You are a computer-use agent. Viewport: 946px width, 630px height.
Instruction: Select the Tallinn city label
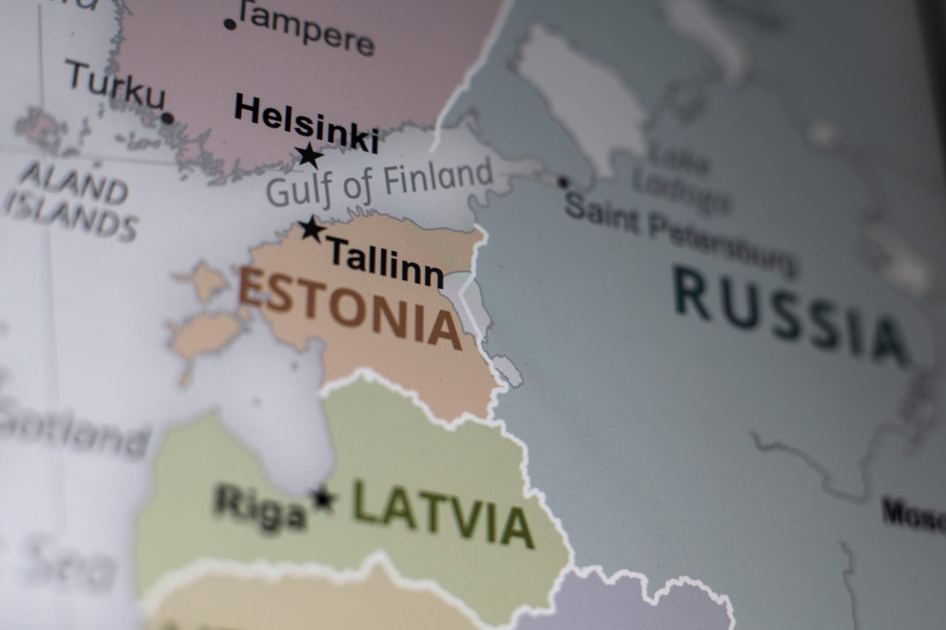tap(386, 263)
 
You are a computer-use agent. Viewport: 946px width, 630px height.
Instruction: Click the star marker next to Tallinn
tap(312, 229)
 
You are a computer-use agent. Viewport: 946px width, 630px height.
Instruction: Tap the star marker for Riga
tap(323, 499)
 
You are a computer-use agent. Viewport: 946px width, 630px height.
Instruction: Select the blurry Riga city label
tap(260, 507)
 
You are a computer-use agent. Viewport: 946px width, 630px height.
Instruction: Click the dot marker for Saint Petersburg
tap(563, 182)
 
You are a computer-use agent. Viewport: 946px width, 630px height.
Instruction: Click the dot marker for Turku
tap(168, 118)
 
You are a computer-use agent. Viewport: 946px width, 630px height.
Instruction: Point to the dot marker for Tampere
tap(229, 23)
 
